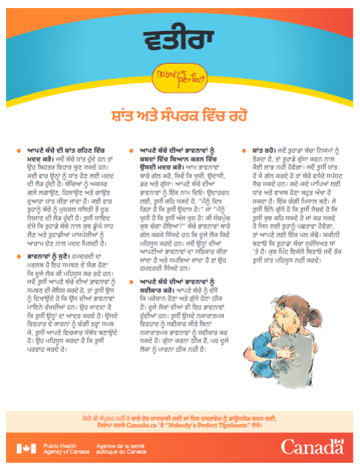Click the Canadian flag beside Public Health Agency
click(x=27, y=448)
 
